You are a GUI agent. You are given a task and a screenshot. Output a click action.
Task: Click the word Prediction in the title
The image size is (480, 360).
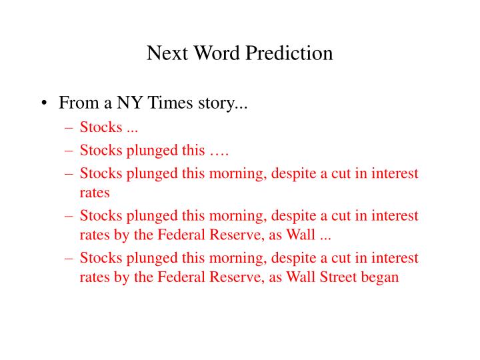(x=289, y=53)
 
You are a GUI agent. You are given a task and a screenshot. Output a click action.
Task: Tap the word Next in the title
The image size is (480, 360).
(x=167, y=53)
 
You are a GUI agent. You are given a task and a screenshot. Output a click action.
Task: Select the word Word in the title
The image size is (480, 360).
(x=217, y=53)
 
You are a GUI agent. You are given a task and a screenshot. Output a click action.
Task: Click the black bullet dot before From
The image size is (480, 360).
(x=45, y=103)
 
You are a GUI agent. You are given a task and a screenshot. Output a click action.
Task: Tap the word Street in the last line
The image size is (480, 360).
(x=338, y=277)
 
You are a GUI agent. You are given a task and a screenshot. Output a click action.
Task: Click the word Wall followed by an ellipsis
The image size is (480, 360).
(x=300, y=235)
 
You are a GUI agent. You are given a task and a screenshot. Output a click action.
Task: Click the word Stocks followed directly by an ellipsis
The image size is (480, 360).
(x=101, y=127)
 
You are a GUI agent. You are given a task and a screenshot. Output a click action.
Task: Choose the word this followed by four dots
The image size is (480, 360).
(x=193, y=150)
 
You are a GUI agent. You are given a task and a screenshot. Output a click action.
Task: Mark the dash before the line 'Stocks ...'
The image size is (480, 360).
(x=69, y=127)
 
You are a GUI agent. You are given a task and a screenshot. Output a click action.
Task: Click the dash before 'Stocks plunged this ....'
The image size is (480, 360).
(x=69, y=151)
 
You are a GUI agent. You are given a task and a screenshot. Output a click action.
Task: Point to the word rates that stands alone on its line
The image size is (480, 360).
(x=95, y=193)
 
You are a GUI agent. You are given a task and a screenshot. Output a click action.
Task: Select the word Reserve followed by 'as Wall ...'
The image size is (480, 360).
(x=237, y=235)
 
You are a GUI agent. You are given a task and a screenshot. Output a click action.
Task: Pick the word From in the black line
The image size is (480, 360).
(x=79, y=102)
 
